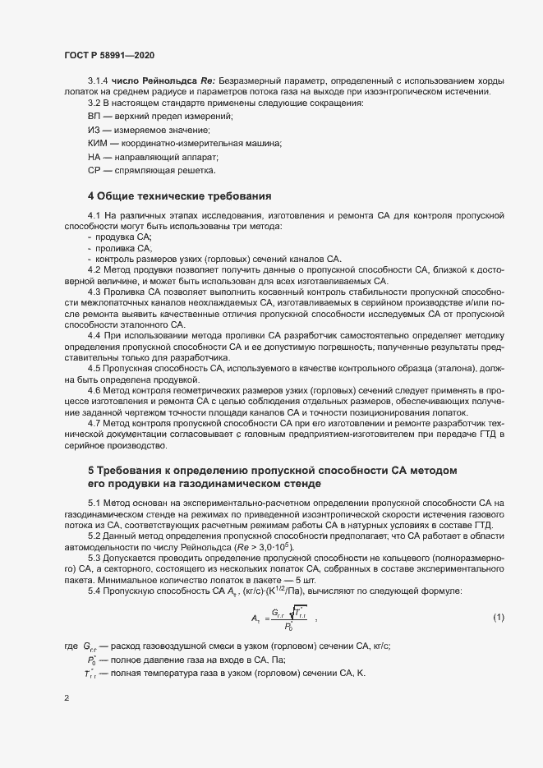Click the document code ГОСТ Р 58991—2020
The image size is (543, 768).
[108, 54]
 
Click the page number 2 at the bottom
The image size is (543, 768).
[67, 699]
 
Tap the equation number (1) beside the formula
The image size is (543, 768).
[498, 617]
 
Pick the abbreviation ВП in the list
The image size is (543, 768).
[95, 117]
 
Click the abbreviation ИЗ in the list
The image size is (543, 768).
[94, 130]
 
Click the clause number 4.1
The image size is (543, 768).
[94, 215]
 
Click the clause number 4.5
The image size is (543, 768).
[94, 368]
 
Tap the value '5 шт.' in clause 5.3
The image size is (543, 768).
[319, 580]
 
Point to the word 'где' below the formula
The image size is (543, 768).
[70, 646]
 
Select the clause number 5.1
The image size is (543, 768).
[94, 502]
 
